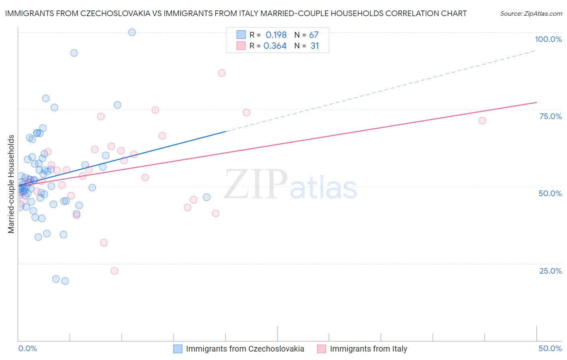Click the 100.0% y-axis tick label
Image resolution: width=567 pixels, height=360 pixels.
click(548, 39)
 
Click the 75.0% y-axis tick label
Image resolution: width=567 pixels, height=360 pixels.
click(550, 116)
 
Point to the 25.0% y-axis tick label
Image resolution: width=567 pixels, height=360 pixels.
click(550, 271)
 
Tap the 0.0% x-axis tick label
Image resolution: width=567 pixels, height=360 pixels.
click(27, 348)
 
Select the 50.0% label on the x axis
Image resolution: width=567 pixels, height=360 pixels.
click(550, 348)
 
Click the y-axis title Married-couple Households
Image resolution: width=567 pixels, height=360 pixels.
click(11, 184)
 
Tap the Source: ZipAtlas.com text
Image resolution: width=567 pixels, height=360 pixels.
click(531, 13)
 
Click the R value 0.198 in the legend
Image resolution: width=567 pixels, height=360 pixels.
click(276, 35)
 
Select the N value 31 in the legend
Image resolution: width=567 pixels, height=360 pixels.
click(315, 46)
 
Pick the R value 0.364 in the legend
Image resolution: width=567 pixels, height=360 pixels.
click(275, 46)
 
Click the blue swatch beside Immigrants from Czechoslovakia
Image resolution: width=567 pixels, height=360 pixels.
click(178, 349)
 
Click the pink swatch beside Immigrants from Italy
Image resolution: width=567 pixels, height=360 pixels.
click(321, 349)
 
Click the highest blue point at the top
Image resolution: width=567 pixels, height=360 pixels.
click(132, 32)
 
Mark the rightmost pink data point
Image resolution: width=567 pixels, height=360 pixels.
click(482, 121)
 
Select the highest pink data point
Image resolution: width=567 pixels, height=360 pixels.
click(221, 73)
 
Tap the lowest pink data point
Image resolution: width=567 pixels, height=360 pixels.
click(114, 271)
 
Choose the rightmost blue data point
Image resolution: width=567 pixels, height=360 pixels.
click(206, 197)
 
